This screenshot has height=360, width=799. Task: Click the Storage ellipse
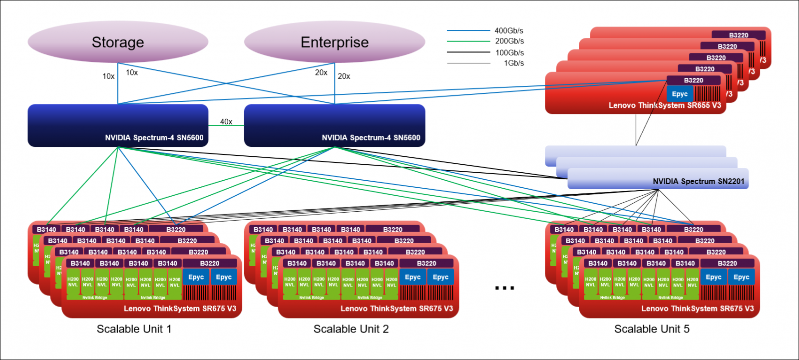coord(118,42)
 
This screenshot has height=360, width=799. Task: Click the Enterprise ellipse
coord(335,42)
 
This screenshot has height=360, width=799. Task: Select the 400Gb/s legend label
coord(509,30)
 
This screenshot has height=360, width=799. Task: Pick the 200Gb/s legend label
coord(509,41)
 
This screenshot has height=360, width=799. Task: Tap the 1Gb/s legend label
coord(514,63)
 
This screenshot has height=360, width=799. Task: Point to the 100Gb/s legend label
coord(509,52)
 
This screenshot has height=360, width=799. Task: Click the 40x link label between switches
coord(226,122)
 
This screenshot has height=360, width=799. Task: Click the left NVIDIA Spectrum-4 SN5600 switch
coord(118,125)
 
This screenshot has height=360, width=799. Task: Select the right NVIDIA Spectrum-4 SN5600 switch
coord(335,125)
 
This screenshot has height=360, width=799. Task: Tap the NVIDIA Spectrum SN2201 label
coord(698,181)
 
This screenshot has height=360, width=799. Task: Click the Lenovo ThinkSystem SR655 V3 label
coord(665,105)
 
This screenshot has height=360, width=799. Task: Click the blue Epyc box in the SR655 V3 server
coord(680,94)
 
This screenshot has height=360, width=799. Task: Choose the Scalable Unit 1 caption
coord(134,329)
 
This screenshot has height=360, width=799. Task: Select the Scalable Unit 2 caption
coord(351,329)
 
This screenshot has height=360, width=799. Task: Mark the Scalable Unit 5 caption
coord(652,329)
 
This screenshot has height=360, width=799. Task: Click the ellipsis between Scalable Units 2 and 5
coord(504,288)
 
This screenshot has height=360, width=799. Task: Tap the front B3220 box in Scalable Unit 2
coord(426,263)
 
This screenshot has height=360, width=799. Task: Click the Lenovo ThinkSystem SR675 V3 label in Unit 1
coord(180,309)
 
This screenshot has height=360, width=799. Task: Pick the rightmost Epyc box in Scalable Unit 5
coord(741,277)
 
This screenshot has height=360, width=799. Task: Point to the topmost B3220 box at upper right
coord(739,35)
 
